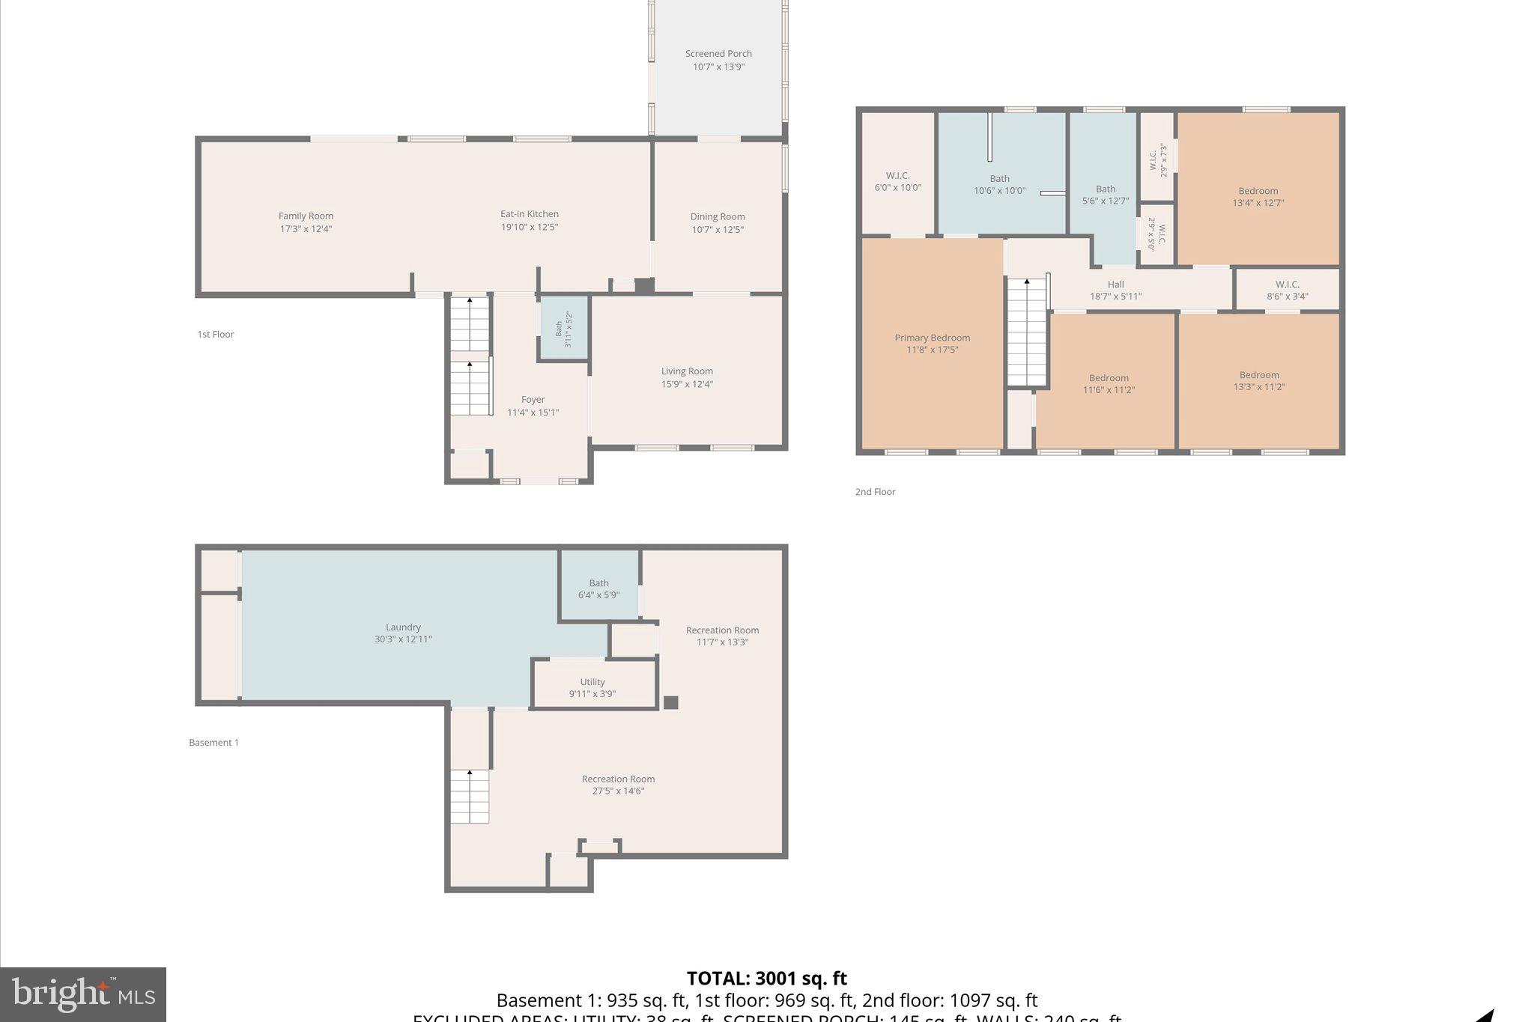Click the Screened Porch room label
[x=718, y=54]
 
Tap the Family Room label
[x=306, y=216]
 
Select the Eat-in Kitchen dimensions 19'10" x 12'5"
[x=530, y=227]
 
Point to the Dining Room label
[x=718, y=217]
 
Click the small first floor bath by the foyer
[x=563, y=329]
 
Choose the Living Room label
[x=687, y=371]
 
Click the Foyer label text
[x=533, y=400]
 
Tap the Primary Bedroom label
[x=932, y=338]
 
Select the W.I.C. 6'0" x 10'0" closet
[x=897, y=181]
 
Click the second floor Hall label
[x=1115, y=285]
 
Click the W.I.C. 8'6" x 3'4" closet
[x=1287, y=290]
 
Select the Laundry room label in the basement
[x=403, y=627]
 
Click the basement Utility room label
[x=592, y=682]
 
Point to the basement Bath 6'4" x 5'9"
[x=598, y=588]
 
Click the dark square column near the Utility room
[x=671, y=702]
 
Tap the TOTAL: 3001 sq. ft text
[x=766, y=979]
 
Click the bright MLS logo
[x=83, y=994]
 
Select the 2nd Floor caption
[x=875, y=492]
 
